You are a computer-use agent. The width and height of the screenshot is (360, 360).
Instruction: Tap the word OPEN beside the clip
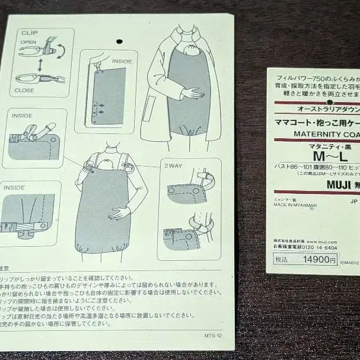pos(29,43)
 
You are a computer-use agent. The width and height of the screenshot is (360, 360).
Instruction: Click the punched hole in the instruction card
pos(119,42)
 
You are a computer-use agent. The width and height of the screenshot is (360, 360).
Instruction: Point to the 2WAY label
pos(174,166)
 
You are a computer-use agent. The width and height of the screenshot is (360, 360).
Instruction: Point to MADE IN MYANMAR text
pos(295,205)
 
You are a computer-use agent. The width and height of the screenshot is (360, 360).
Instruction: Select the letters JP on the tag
pos(354,200)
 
